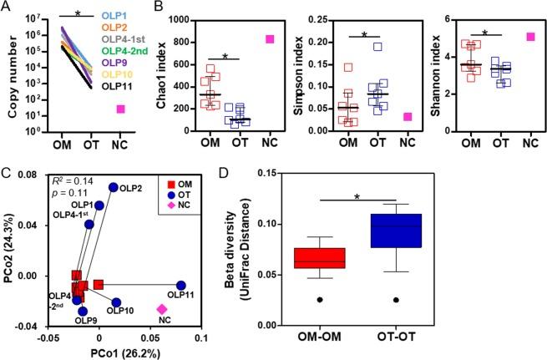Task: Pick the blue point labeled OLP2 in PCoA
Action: (114, 187)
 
